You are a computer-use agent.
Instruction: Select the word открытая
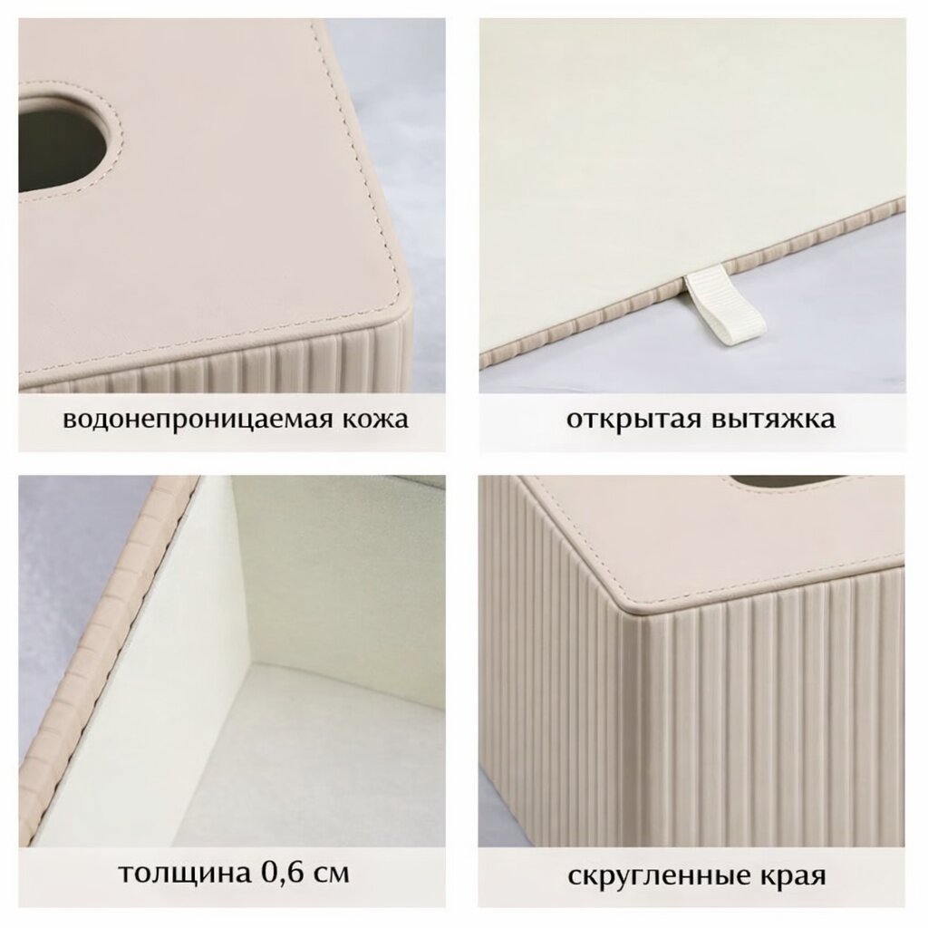coord(633,420)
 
